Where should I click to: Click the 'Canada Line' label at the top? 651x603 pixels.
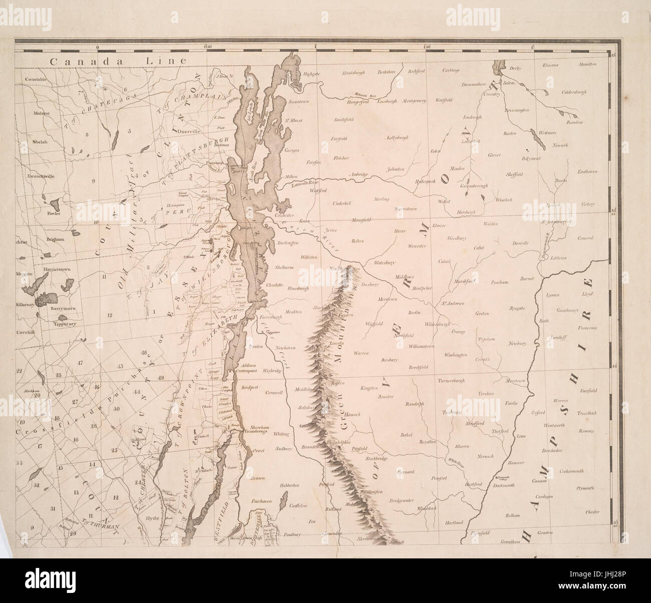click(x=117, y=61)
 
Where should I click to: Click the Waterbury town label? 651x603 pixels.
click(x=385, y=262)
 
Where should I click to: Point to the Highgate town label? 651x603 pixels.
click(x=311, y=74)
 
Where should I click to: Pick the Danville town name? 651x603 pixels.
click(x=520, y=243)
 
